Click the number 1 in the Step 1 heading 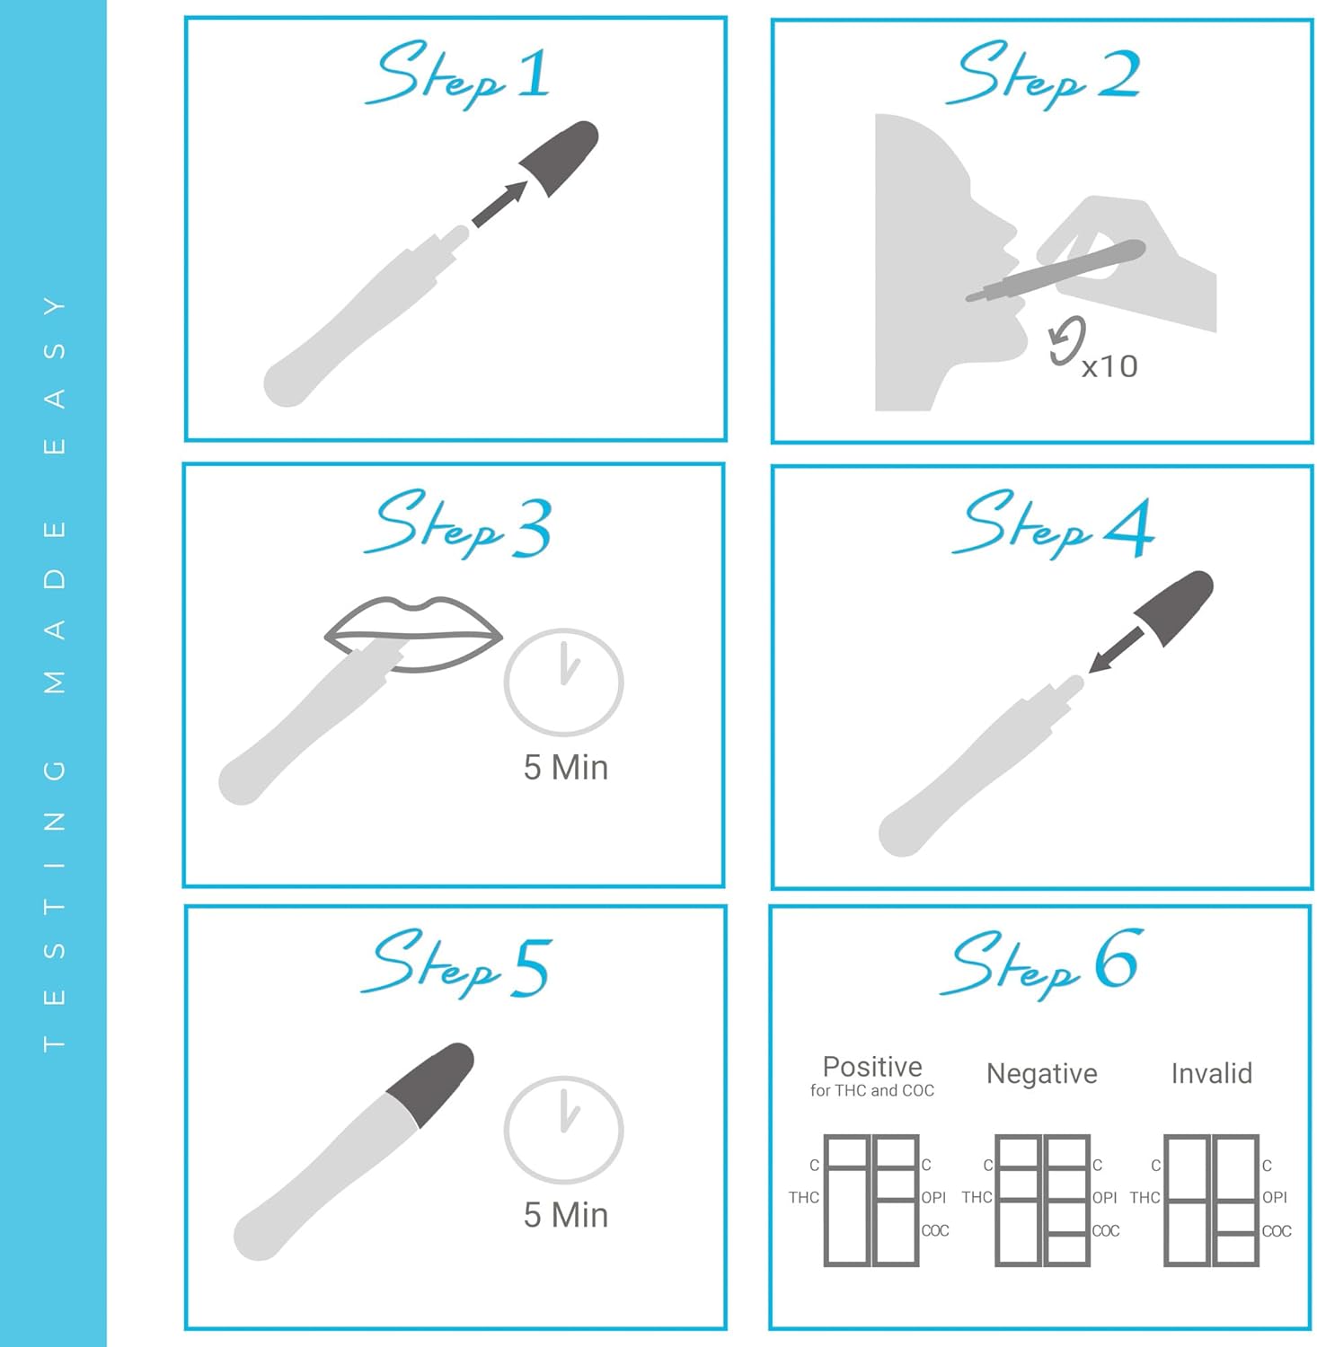point(535,73)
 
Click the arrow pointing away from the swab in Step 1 point(499,205)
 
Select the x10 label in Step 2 point(1109,366)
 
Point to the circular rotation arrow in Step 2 point(1067,341)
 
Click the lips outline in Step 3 point(413,634)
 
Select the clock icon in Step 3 point(563,682)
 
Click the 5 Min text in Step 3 point(566,768)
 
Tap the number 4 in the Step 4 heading point(1129,527)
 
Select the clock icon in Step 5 point(563,1129)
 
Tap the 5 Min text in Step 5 point(566,1215)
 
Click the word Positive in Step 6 point(872,1067)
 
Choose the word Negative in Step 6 point(1042,1073)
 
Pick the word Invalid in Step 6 point(1212,1073)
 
